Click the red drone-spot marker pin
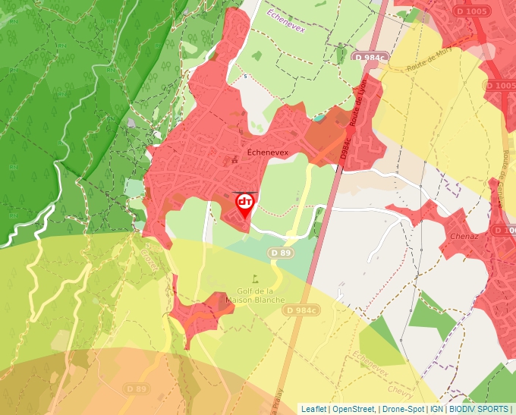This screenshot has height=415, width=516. pyautogui.click(x=245, y=203)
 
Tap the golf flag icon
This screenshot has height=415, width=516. pyautogui.click(x=255, y=278)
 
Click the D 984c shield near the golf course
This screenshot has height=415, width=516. pyautogui.click(x=301, y=310)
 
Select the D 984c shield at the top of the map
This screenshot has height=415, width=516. pyautogui.click(x=370, y=57)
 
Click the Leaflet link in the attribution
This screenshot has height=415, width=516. pyautogui.click(x=314, y=409)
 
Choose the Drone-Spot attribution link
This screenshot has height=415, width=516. pyautogui.click(x=402, y=409)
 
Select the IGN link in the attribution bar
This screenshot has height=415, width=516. pyautogui.click(x=437, y=409)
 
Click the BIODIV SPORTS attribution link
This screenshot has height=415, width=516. pyautogui.click(x=479, y=409)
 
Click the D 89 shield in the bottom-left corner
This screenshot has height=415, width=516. pyautogui.click(x=137, y=388)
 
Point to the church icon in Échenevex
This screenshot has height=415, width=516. pyautogui.click(x=235, y=159)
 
